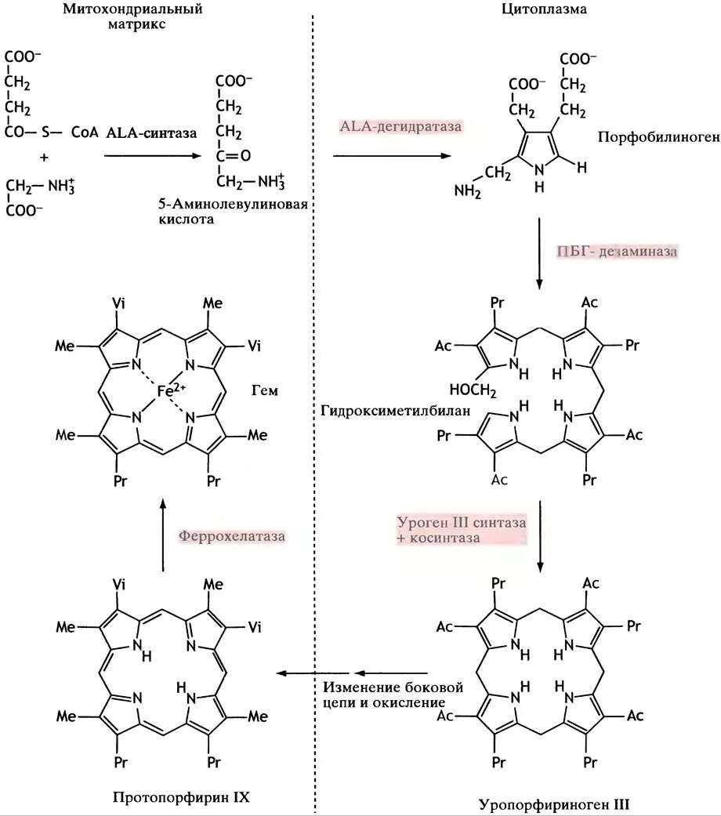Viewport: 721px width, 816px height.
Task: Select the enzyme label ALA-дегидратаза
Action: click(x=401, y=126)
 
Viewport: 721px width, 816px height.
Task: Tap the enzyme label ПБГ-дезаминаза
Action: click(x=618, y=252)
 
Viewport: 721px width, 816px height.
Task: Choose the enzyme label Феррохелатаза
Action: click(x=231, y=536)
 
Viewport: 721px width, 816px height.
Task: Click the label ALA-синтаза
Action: click(x=146, y=132)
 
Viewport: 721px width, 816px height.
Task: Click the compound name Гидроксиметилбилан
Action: click(x=377, y=411)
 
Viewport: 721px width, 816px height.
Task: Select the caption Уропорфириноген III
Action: click(x=554, y=803)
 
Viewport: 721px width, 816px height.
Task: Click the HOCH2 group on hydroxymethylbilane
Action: click(x=473, y=389)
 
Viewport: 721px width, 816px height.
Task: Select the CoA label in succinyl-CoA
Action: click(x=85, y=132)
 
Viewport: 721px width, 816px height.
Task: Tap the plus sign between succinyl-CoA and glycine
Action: click(x=44, y=158)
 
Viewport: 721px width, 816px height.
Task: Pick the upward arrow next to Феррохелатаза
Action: click(x=163, y=537)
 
